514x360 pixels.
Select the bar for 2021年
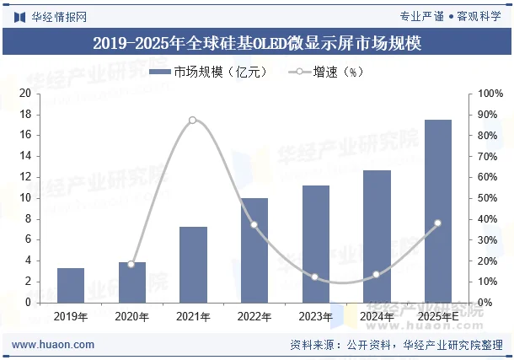(193, 264)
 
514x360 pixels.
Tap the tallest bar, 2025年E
(437, 211)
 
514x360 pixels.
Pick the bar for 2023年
(315, 244)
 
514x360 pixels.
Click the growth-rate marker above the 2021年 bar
(193, 121)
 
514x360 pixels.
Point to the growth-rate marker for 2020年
(131, 265)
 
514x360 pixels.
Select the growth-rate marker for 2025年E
(437, 223)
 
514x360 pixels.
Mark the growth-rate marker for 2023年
(315, 277)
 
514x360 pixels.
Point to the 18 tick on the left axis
(25, 114)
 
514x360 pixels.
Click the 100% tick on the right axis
(490, 94)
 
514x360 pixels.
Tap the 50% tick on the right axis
(490, 198)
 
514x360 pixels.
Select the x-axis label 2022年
(254, 317)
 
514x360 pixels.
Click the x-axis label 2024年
(376, 317)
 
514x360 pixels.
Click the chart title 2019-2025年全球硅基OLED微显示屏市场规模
(257, 43)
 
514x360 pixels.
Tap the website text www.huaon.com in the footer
(53, 345)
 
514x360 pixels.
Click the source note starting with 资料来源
(396, 345)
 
